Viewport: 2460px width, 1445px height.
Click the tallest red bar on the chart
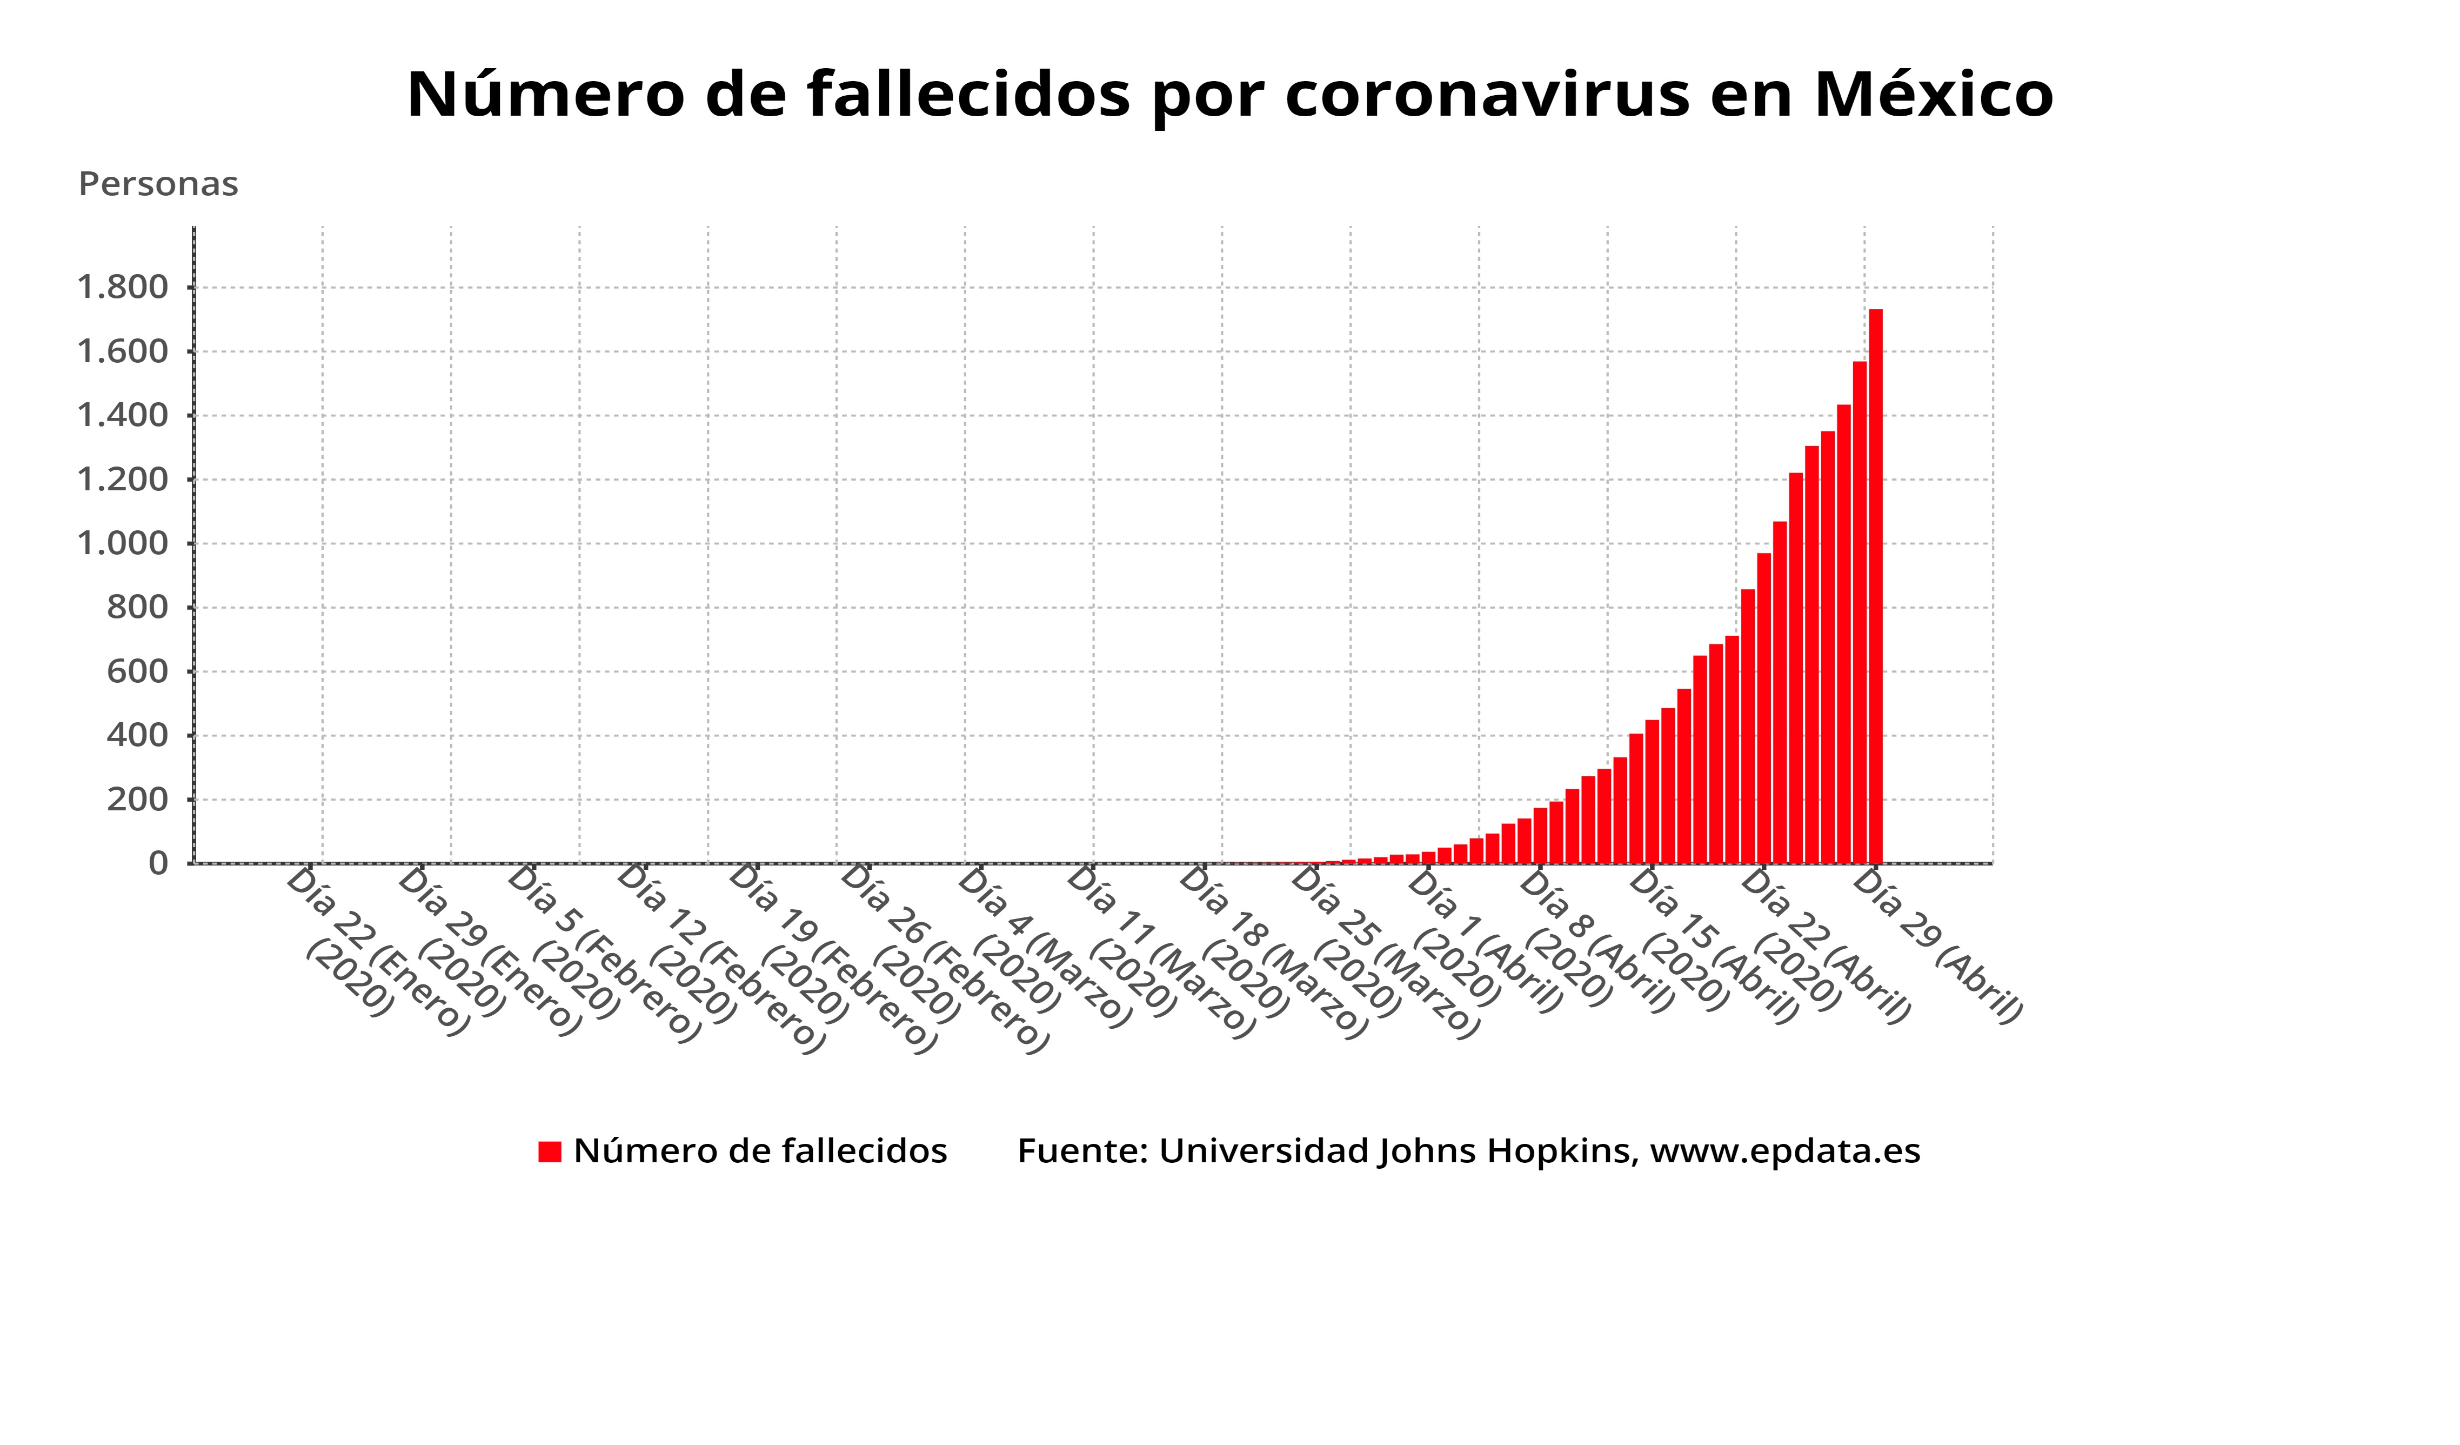[1875, 586]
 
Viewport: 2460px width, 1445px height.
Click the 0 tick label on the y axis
[158, 863]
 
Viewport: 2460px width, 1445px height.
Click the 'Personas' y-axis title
[158, 184]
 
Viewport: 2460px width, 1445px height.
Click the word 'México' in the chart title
[1933, 95]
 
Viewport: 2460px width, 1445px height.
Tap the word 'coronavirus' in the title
[1487, 95]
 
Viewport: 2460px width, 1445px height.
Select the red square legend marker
[550, 1152]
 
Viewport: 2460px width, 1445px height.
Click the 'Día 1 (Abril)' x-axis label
[1484, 942]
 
